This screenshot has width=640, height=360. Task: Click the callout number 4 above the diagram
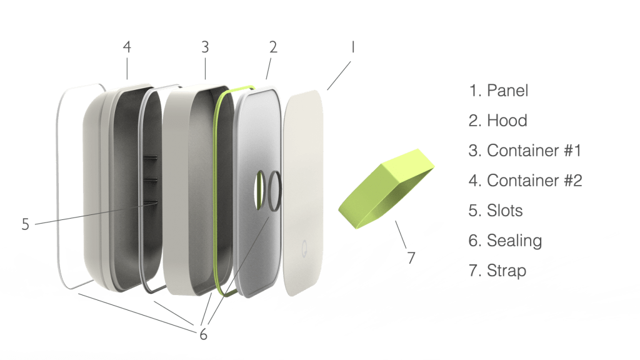point(127,47)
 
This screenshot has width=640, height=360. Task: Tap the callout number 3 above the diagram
point(205,47)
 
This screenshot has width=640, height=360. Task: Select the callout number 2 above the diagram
point(273,47)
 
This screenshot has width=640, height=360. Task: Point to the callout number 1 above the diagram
point(352,47)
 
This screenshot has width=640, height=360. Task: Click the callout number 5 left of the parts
point(25,224)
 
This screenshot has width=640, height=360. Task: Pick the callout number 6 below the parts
point(203,335)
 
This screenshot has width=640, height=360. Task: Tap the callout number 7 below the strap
point(411,257)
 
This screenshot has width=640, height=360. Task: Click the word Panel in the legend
point(507,91)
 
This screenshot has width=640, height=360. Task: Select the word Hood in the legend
point(507,121)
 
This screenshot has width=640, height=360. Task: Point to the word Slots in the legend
point(505,211)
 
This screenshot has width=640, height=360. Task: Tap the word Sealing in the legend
point(514,241)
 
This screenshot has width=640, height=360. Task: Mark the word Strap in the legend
point(506,271)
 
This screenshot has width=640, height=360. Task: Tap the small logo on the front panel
point(304,248)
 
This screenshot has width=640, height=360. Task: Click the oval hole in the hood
point(259,191)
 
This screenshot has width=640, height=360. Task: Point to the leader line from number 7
point(401,235)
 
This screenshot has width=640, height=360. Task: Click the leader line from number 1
point(339,76)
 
